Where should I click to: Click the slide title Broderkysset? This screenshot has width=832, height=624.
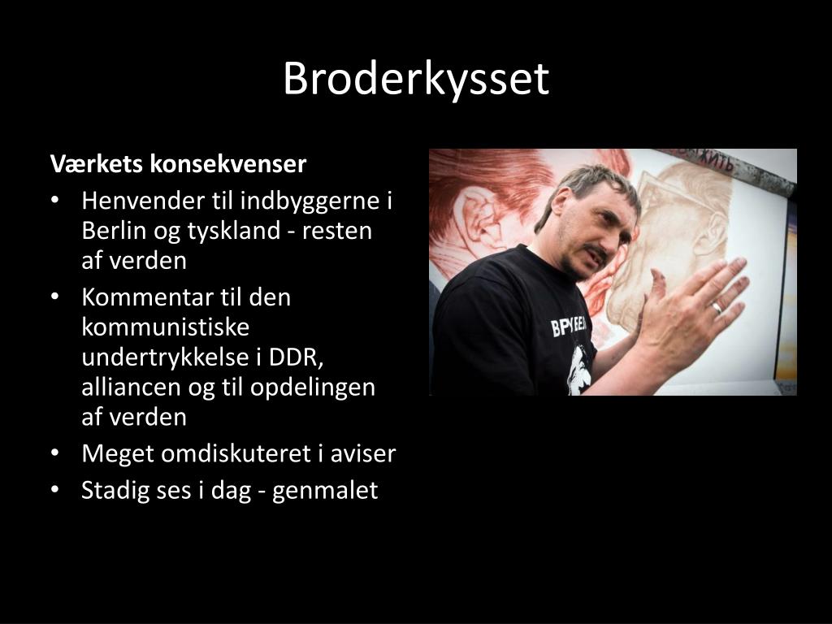click(x=416, y=80)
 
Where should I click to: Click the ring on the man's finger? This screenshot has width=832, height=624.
click(x=716, y=308)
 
